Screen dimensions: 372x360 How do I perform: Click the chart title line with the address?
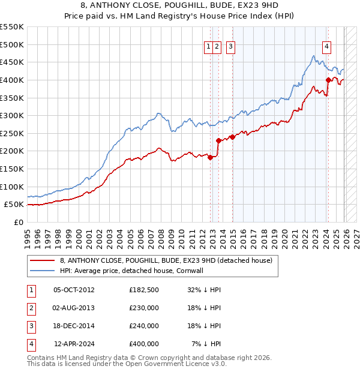(180, 5)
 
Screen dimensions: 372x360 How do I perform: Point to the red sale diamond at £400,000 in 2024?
(328, 80)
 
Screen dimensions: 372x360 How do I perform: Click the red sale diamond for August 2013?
(218, 140)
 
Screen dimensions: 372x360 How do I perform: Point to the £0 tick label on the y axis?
(18, 222)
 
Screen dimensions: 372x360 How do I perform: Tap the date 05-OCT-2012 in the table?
(74, 290)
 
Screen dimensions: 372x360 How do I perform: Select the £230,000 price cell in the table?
(143, 308)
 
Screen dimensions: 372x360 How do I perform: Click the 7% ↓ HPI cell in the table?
(206, 344)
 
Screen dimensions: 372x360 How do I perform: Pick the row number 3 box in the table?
(30, 326)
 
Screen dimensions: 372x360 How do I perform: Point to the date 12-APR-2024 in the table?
(74, 344)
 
